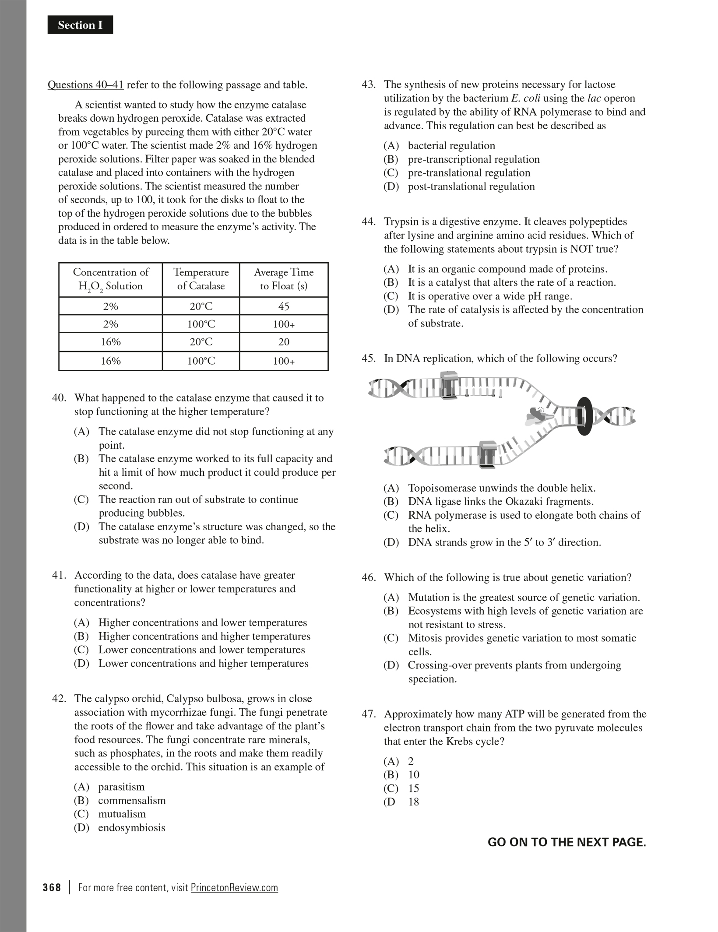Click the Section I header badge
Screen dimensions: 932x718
[80, 25]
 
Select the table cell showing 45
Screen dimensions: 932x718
[284, 306]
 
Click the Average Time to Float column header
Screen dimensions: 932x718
[284, 279]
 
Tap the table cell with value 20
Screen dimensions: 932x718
[284, 342]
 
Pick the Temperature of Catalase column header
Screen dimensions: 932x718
[201, 279]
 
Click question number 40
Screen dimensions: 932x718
[59, 398]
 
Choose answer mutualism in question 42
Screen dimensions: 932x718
[122, 814]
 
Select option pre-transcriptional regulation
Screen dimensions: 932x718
[473, 159]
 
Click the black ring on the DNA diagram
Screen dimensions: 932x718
[584, 416]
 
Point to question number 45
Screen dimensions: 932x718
[369, 359]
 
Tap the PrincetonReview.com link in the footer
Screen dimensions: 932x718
[234, 888]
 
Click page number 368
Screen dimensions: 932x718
[52, 888]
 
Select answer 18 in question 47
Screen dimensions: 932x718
[413, 802]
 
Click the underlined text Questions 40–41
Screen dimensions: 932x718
[86, 85]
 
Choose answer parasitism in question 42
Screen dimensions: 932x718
[121, 787]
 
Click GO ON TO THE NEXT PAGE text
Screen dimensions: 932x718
[567, 842]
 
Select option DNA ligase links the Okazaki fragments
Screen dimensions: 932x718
[500, 502]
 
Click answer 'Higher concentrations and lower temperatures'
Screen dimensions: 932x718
[202, 623]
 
